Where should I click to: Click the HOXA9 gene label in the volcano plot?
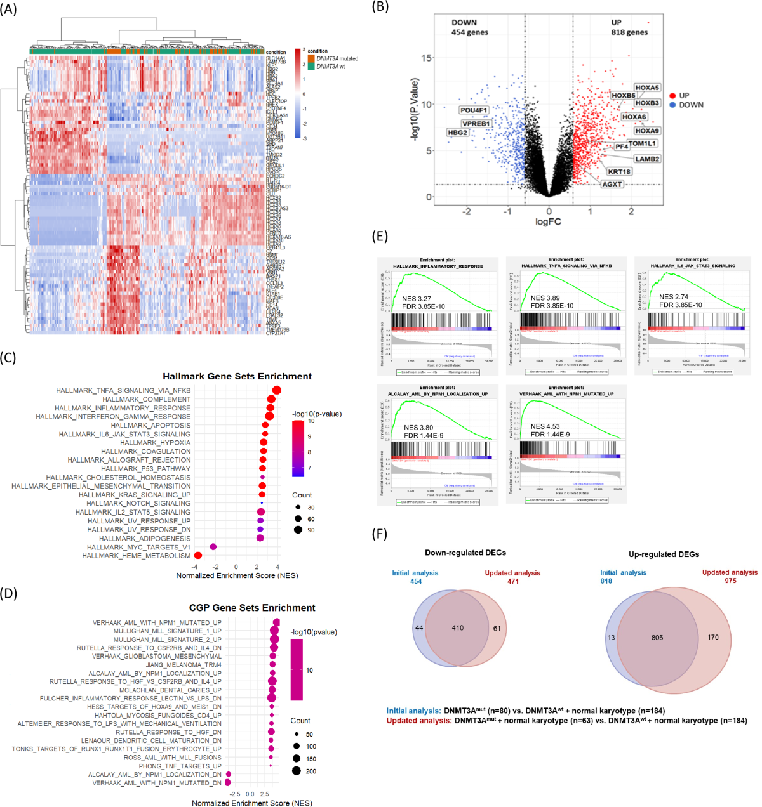click(x=646, y=131)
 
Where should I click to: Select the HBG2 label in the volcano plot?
click(x=458, y=133)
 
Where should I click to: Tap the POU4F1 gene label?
click(x=474, y=110)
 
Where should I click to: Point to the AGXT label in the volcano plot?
click(x=612, y=184)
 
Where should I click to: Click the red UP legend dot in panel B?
click(x=672, y=96)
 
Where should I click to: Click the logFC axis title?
click(x=548, y=221)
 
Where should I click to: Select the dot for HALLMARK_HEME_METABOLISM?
click(x=198, y=556)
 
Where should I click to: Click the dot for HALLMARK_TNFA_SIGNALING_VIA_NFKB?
click(x=277, y=390)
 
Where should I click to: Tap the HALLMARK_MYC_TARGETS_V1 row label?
click(x=138, y=547)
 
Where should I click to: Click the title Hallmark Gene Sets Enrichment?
click(x=237, y=376)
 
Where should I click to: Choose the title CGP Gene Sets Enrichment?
click(x=252, y=608)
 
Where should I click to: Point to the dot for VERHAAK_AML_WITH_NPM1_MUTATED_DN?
click(x=228, y=783)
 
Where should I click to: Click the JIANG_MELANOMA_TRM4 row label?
click(x=184, y=665)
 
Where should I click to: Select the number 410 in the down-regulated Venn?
click(x=458, y=628)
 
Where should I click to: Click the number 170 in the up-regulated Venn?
click(x=713, y=637)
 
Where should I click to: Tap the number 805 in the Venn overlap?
click(x=657, y=638)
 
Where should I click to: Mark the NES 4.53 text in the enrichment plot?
click(x=545, y=426)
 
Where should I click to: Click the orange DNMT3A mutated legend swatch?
click(x=311, y=58)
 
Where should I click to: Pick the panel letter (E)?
click(x=380, y=237)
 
